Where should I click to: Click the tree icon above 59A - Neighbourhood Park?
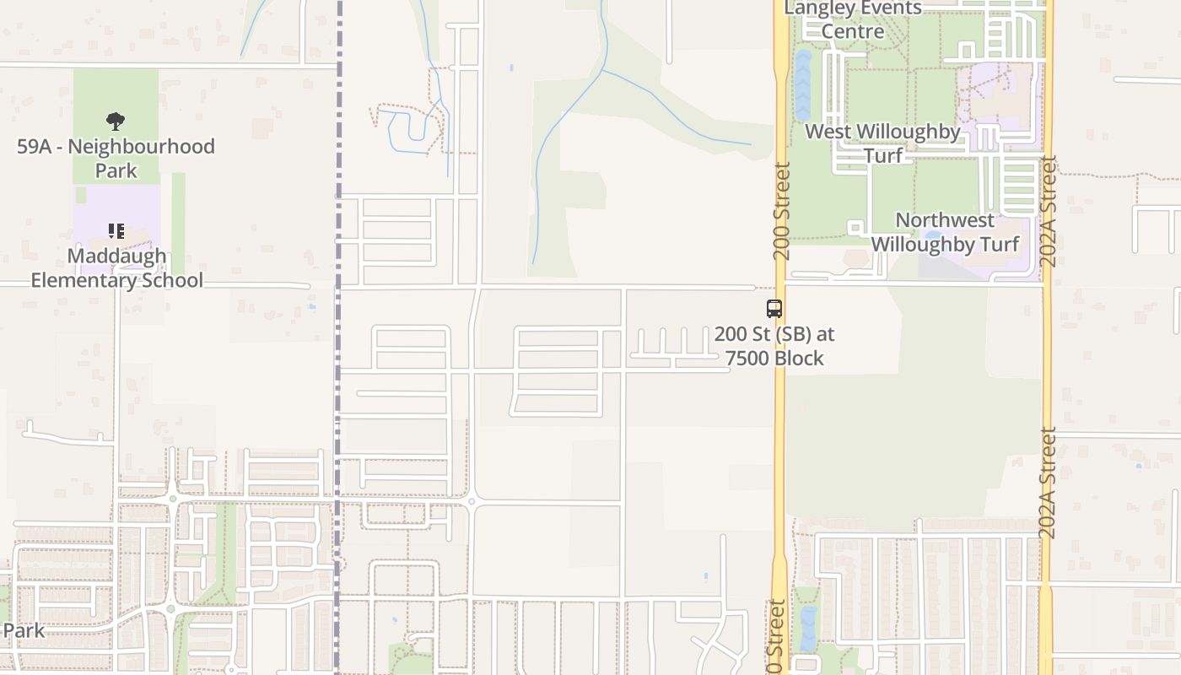coord(116,121)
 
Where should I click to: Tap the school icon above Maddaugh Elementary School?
coord(116,230)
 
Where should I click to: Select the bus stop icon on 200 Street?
coord(774,308)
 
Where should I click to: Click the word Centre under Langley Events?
coord(853,31)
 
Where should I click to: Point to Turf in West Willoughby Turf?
coord(883,155)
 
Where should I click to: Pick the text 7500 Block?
coord(774,358)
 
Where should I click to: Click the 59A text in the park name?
coord(35,146)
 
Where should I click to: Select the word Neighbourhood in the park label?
coord(142,146)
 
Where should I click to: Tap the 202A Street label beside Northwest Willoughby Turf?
coord(1049,211)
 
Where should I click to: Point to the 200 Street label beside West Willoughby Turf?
coord(782,211)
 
